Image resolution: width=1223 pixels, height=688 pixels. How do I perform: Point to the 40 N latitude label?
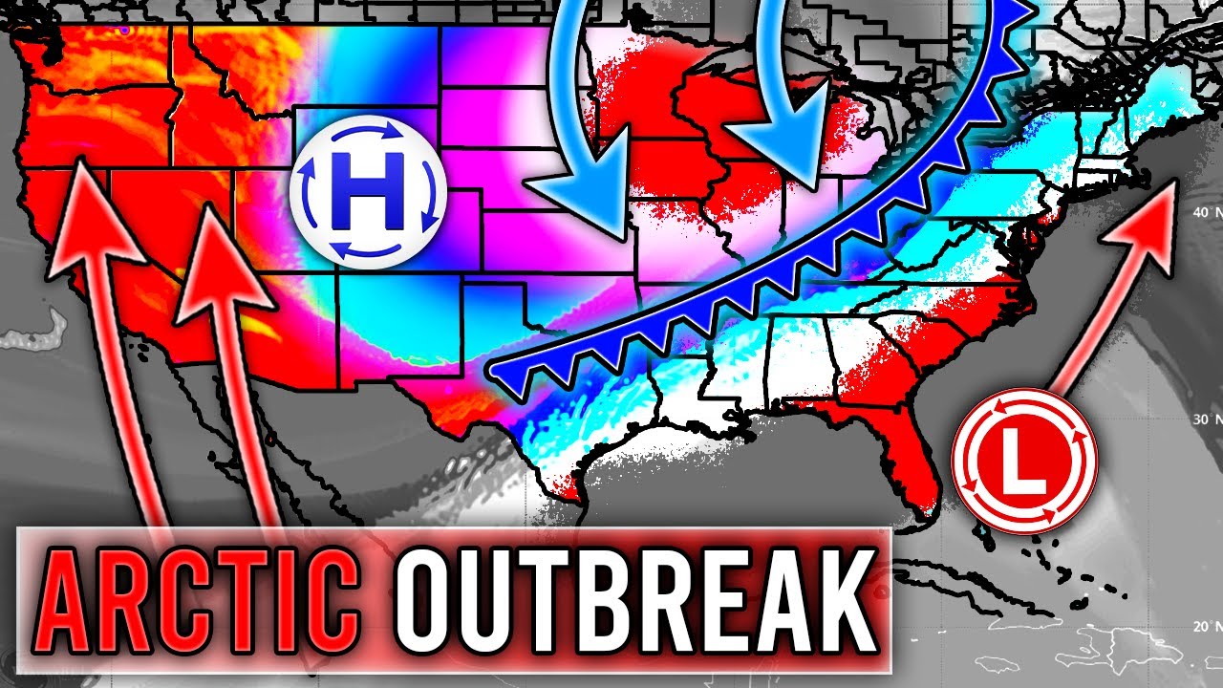(x=1199, y=212)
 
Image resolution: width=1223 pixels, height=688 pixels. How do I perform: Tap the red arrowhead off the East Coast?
(x=1149, y=205)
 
